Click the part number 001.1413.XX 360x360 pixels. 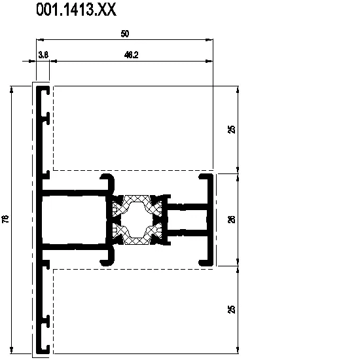click(76, 10)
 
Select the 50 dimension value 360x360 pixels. click(125, 34)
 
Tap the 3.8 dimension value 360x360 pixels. click(43, 55)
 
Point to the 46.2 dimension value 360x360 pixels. click(131, 55)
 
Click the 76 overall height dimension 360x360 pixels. click(5, 219)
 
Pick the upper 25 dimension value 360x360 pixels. click(232, 129)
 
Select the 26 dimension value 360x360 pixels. click(232, 219)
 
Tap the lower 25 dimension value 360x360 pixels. click(232, 309)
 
